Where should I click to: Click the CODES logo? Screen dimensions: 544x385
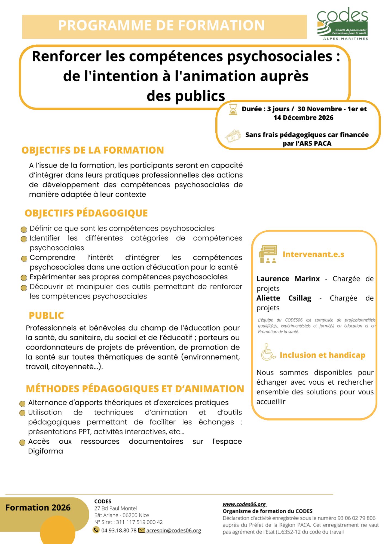pos(342,24)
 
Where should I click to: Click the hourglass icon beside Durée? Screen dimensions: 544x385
pos(233,109)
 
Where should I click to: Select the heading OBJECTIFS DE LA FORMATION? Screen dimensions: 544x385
pos(93,150)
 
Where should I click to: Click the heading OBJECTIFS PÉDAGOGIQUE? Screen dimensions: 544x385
pos(86,213)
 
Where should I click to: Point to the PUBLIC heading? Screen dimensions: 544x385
pos(46,316)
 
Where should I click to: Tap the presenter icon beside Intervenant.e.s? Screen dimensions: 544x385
pos(268,254)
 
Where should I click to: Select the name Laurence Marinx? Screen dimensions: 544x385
pos(288,279)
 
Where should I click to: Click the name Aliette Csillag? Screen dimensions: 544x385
pos(284,298)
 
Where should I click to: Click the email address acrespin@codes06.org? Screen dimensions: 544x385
pos(174,530)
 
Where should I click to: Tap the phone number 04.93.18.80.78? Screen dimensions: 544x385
pos(119,530)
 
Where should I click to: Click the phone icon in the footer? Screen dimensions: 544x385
pos(96,530)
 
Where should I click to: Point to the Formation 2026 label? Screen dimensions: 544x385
pos(38,508)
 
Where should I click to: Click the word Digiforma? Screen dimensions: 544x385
pos(45,451)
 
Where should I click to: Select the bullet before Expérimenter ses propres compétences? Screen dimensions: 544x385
pos(24,278)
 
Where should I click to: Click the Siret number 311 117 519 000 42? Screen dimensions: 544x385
pos(139,522)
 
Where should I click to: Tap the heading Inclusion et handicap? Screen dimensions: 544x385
pos(322,355)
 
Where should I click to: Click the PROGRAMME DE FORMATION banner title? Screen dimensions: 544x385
pos(161,26)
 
